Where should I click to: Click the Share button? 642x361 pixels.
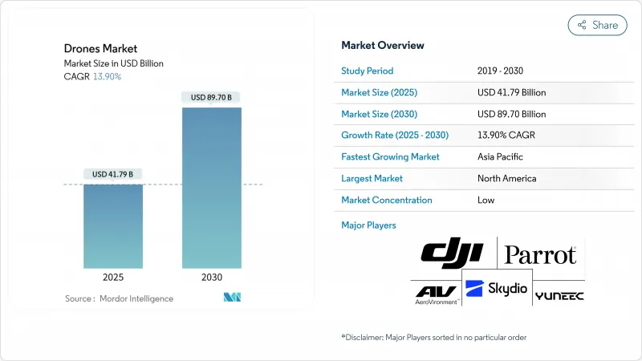click(597, 25)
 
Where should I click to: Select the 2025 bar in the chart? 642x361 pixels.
click(113, 226)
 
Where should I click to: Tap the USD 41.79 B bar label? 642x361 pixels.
click(113, 174)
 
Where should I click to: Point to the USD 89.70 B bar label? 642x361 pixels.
click(212, 97)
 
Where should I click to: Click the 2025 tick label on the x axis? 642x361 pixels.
click(113, 277)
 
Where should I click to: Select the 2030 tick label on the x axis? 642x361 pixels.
click(212, 277)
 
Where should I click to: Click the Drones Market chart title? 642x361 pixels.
click(100, 49)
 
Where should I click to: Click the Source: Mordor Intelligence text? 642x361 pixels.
click(119, 298)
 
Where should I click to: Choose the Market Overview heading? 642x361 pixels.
click(383, 46)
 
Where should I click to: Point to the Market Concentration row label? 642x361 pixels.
click(387, 200)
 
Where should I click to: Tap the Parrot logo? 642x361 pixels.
click(540, 255)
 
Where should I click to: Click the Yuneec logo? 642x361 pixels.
click(559, 295)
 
